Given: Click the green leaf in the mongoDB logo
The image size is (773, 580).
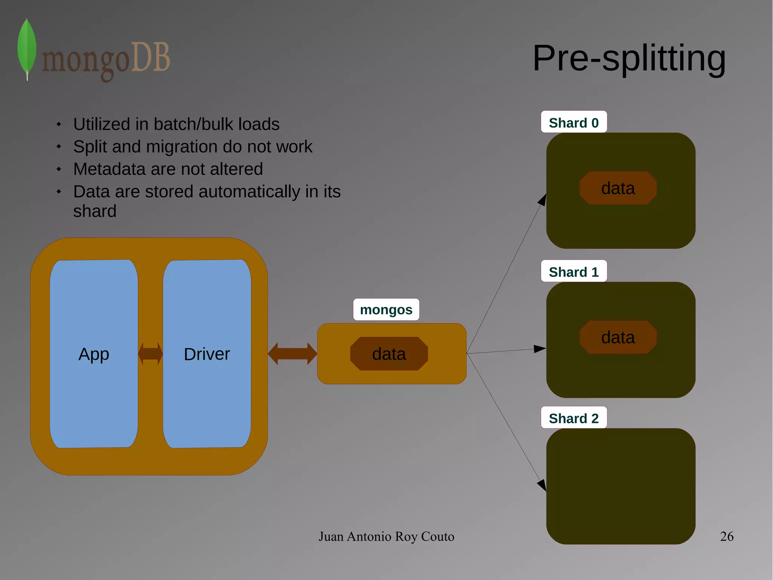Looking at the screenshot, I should tap(27, 47).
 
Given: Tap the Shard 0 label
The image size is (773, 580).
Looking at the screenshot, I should tap(573, 122).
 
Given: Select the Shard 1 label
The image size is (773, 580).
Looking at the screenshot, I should tap(573, 272).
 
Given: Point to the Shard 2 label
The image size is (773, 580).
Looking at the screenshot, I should tap(573, 418).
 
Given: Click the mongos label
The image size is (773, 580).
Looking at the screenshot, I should tap(386, 309).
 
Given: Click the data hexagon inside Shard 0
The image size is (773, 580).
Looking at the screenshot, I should tap(618, 188).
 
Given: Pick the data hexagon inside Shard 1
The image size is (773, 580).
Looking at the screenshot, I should tap(618, 337).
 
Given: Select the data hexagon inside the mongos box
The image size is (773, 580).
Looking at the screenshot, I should tap(389, 354).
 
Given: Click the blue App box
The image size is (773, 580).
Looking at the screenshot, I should tap(94, 354).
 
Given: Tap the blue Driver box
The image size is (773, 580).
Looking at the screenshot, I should tap(206, 354).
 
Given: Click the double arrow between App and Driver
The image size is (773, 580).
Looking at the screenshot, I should tap(150, 354).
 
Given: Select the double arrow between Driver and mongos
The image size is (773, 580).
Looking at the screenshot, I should tap(292, 354).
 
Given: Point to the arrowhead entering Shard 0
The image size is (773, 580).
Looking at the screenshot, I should tap(542, 200).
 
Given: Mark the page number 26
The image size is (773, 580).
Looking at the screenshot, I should tap(726, 536).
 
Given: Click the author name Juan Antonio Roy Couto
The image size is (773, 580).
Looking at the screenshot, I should tap(386, 536).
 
